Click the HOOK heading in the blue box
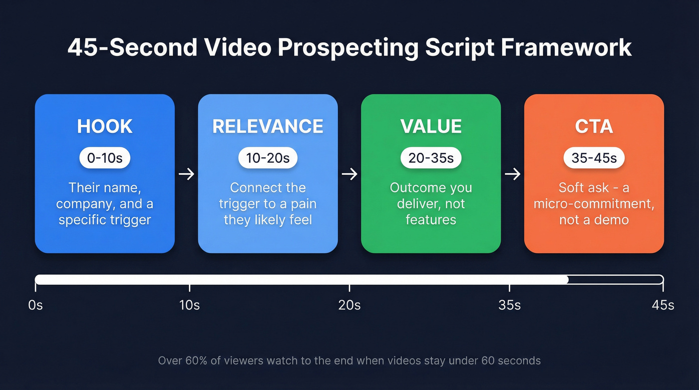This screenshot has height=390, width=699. (105, 126)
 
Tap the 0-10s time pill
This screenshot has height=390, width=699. (105, 158)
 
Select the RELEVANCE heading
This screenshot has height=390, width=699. (268, 126)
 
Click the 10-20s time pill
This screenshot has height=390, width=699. (268, 158)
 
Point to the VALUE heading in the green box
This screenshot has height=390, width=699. (431, 126)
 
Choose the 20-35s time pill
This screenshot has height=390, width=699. (431, 158)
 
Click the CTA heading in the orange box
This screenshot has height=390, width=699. (594, 126)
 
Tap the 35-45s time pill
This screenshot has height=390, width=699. (594, 158)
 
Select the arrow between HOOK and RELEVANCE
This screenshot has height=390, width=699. (186, 174)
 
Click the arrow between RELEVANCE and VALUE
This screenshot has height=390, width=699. (349, 174)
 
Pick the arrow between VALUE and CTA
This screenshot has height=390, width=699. (512, 174)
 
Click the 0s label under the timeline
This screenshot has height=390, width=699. (35, 305)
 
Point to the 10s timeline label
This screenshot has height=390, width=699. (189, 305)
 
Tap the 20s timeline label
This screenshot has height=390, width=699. (349, 305)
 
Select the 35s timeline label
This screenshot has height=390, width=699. (509, 305)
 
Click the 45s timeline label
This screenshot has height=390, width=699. (663, 305)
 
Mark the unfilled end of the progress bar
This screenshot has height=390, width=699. (616, 280)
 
